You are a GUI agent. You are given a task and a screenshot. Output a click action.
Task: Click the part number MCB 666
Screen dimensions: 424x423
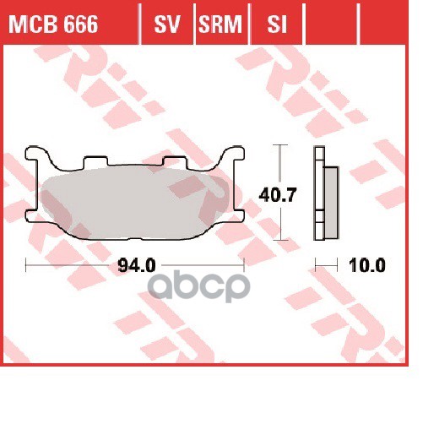[x=52, y=26]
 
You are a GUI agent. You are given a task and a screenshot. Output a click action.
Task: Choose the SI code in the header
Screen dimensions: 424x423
[x=274, y=26]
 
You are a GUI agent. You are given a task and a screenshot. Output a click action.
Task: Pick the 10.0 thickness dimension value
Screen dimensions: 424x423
[x=368, y=265]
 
